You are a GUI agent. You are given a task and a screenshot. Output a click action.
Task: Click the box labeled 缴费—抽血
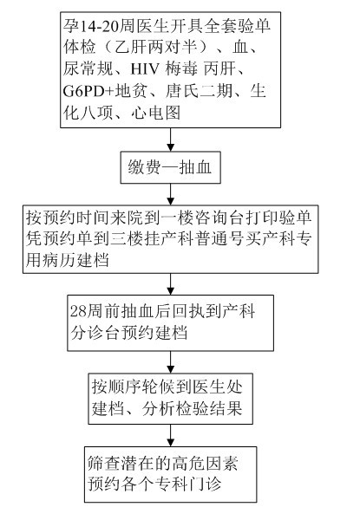pos(170,167)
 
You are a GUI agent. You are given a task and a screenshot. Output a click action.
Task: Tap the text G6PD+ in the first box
pos(88,91)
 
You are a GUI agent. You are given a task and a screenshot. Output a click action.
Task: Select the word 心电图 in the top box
pos(156,113)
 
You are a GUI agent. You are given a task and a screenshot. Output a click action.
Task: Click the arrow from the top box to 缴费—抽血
pos(170,140)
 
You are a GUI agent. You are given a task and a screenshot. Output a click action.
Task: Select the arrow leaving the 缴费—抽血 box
pos(170,194)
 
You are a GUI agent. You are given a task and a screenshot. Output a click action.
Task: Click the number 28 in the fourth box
pos(78,311)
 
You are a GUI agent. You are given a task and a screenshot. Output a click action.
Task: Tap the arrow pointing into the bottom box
pos(170,435)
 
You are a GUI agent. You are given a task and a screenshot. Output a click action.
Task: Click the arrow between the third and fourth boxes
pos(170,284)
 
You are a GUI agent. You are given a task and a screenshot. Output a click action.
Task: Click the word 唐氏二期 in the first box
pos(199,91)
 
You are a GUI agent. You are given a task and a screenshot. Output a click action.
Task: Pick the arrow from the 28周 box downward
pos(170,362)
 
